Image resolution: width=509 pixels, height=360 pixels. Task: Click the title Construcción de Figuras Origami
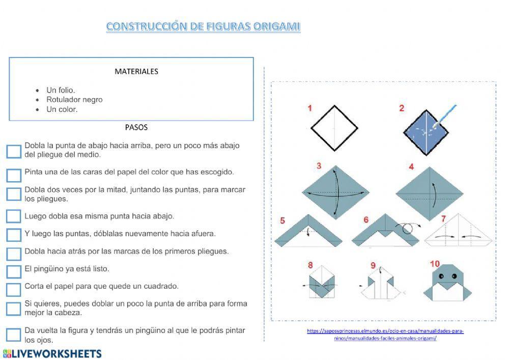coord(203,26)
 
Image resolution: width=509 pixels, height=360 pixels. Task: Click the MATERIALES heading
coord(136,71)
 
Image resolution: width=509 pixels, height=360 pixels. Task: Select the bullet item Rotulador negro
coord(74,100)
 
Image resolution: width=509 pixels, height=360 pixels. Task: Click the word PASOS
coord(136,127)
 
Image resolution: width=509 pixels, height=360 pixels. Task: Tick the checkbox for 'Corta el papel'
coord(14,289)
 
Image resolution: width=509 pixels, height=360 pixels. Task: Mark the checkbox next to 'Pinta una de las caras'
coord(14,175)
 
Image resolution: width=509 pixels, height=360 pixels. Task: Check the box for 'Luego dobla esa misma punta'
coord(14,216)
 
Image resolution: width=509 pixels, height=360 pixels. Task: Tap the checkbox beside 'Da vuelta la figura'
coord(14,335)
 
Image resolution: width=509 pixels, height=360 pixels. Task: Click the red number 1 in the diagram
coord(310,108)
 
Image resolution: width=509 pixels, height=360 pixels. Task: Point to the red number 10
coord(434,264)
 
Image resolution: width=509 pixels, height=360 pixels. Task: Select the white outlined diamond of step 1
coord(334,128)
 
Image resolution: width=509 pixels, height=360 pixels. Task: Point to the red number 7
coord(443,219)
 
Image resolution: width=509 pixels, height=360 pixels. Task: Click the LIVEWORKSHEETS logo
coord(52,353)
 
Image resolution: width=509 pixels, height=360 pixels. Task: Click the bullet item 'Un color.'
coord(62,109)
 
